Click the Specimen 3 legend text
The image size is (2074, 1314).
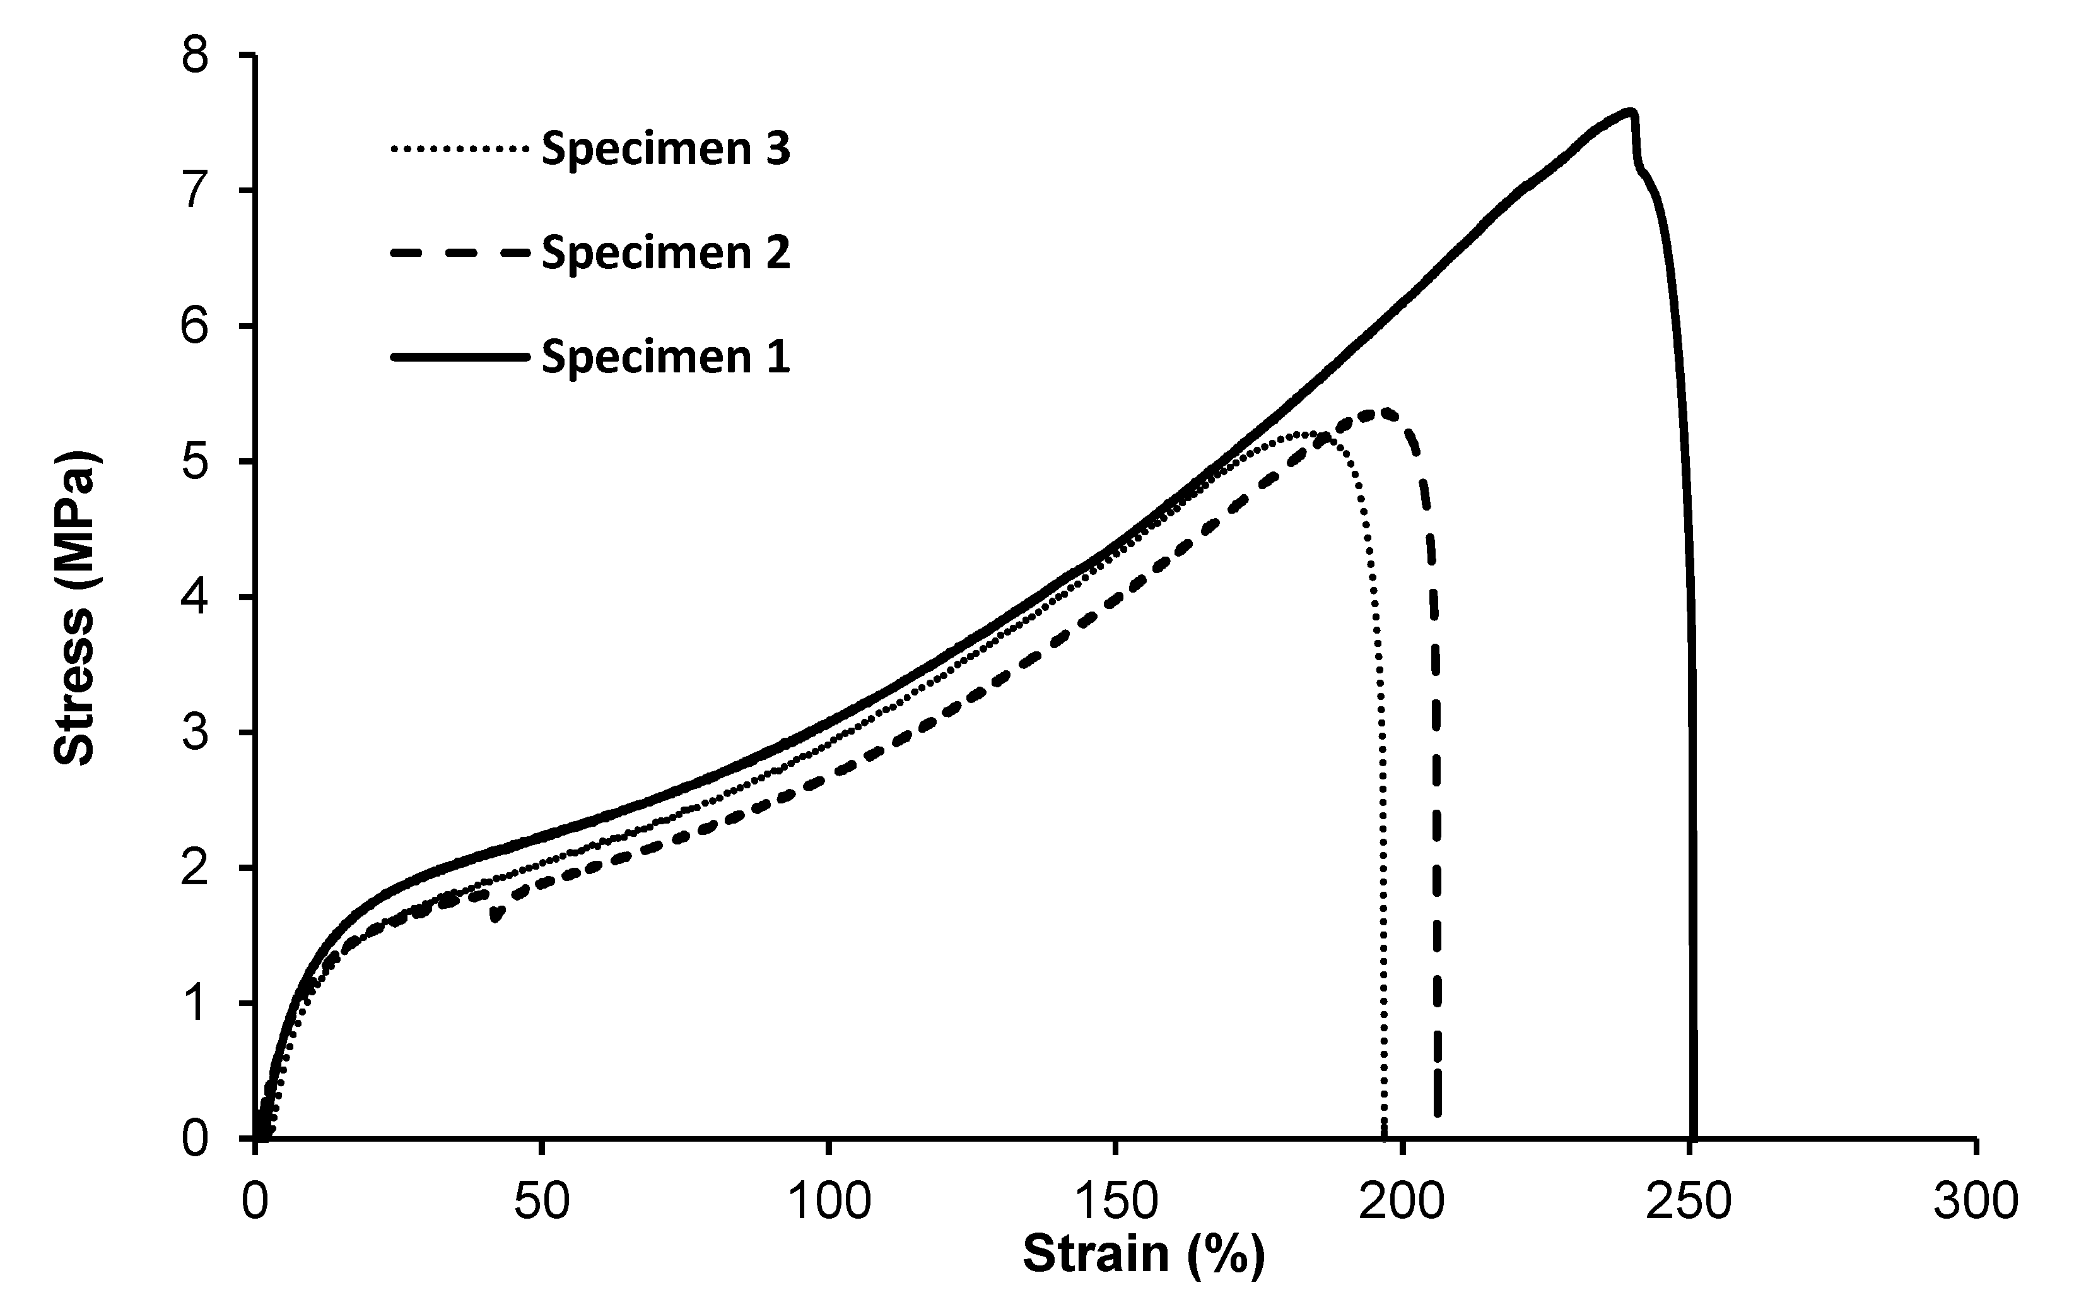point(665,149)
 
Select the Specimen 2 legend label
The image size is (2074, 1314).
point(665,253)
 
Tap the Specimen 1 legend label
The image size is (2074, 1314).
point(665,357)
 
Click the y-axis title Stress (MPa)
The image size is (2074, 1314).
point(75,607)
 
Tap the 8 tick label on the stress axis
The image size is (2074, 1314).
point(196,56)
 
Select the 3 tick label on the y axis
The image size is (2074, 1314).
point(196,733)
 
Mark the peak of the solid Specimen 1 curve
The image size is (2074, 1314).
point(1629,110)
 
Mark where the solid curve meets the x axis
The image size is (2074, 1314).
point(1693,1135)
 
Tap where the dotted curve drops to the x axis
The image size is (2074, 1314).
point(1384,1135)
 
